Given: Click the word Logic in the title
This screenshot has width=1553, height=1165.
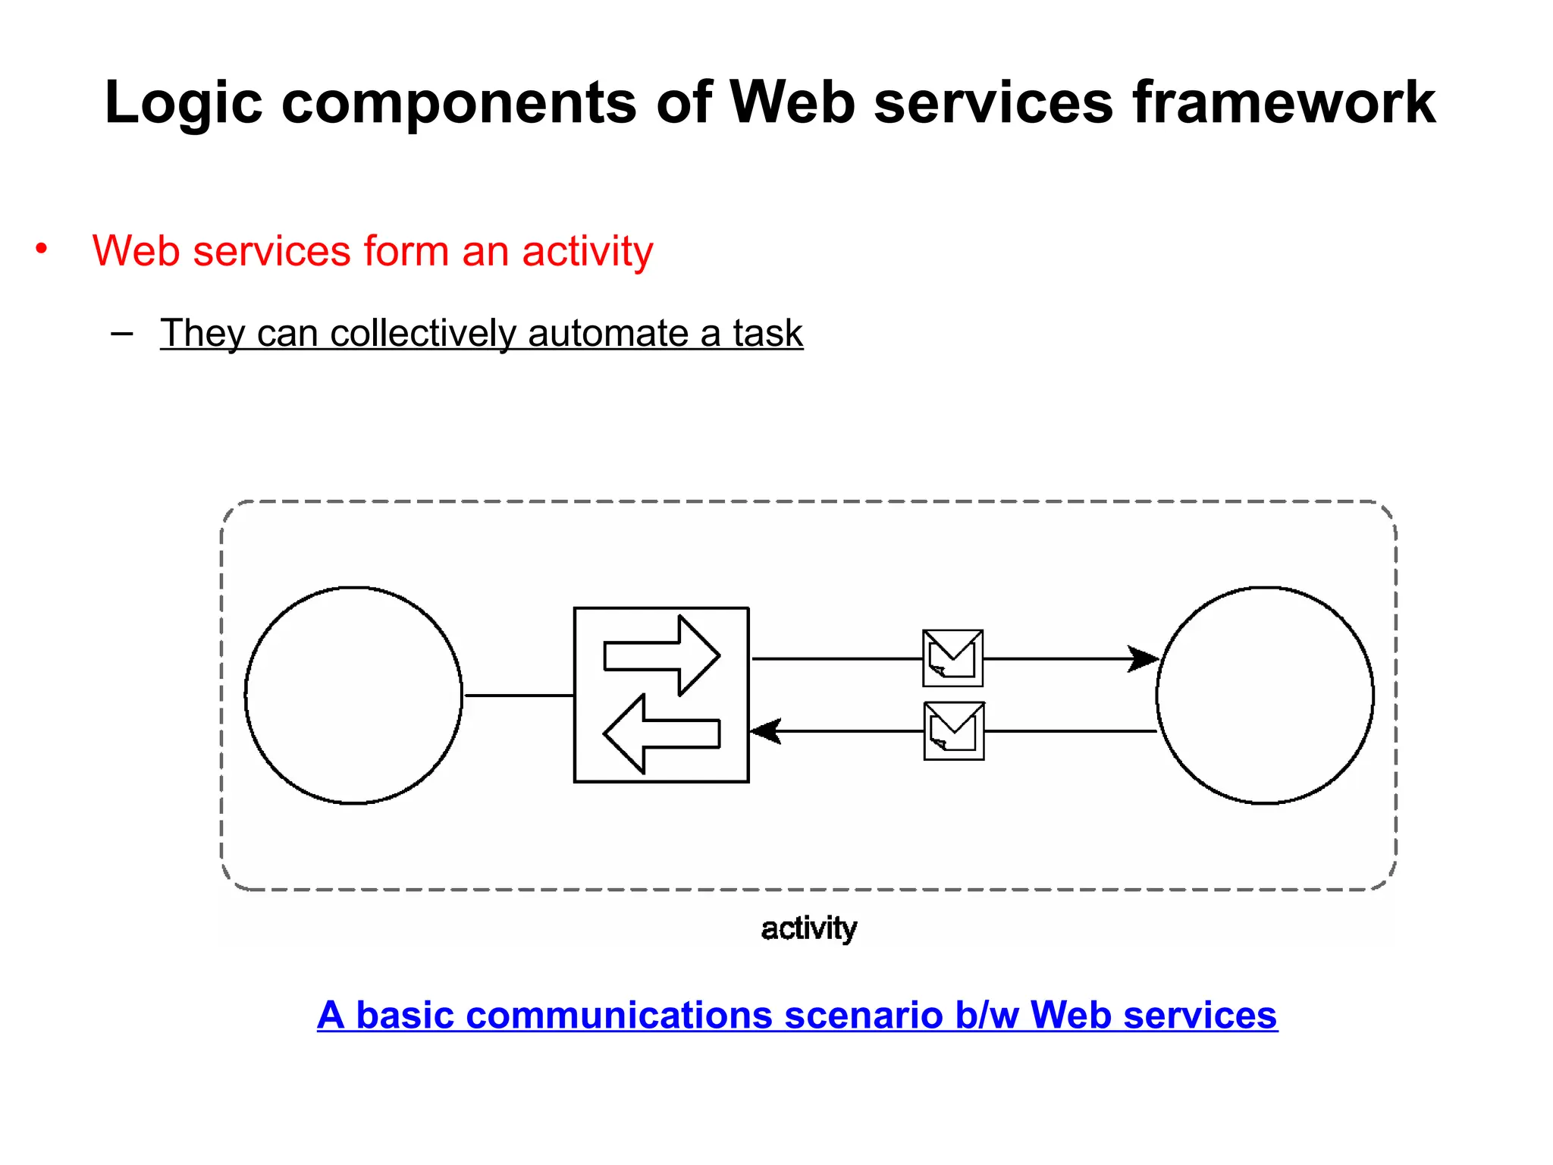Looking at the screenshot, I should pos(183,102).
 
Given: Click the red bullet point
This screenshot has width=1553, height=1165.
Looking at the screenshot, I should pos(42,249).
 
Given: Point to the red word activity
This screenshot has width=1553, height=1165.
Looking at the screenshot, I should pos(587,251).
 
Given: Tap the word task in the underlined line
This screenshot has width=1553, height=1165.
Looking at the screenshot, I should pos(767,333).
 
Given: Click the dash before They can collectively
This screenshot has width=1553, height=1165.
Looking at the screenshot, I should pos(121,333).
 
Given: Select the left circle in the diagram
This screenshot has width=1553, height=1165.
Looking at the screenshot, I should pos(353,695).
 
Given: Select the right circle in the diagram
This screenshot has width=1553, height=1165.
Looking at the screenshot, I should pos(1264,695).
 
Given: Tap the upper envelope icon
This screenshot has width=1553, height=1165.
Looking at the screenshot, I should pos(952,658).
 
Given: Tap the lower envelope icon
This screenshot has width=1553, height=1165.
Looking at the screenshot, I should pos(953,730).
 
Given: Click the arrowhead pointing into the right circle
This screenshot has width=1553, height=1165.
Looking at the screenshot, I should pos(1144,658).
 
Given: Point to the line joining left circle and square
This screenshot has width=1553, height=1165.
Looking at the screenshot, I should pos(519,695).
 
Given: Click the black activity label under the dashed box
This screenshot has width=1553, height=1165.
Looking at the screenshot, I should pos(808,928).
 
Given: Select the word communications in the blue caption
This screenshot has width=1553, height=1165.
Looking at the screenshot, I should pos(618,1015).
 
